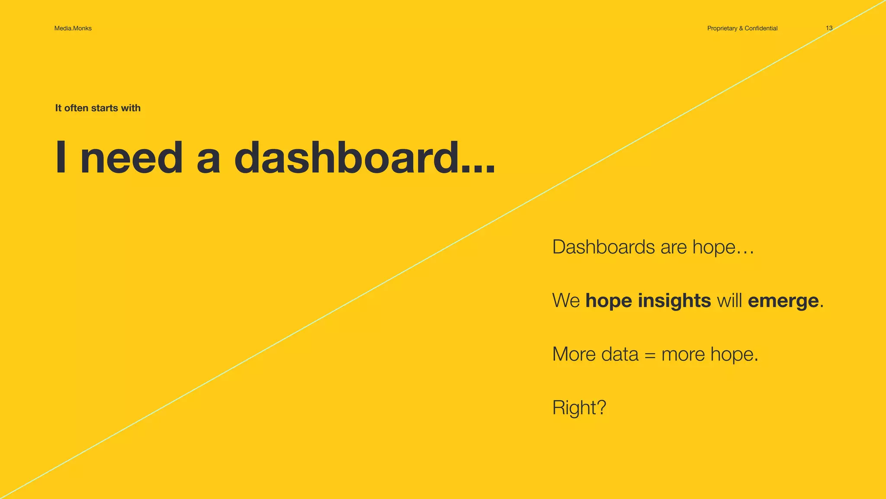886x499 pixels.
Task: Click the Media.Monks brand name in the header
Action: pyautogui.click(x=73, y=28)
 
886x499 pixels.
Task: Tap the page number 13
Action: pyautogui.click(x=829, y=28)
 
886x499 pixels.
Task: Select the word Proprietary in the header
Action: pyautogui.click(x=722, y=28)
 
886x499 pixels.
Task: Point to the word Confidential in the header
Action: pyautogui.click(x=761, y=28)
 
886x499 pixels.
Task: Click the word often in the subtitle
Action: pyautogui.click(x=76, y=108)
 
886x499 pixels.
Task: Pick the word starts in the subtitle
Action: pyautogui.click(x=104, y=108)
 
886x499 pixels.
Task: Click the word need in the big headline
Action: pyautogui.click(x=132, y=158)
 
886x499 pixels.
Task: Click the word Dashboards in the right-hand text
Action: pyautogui.click(x=604, y=247)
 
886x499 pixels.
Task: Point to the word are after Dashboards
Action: pyautogui.click(x=674, y=247)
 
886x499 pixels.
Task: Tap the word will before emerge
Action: pyautogui.click(x=729, y=300)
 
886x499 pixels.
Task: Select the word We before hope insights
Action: pyautogui.click(x=566, y=301)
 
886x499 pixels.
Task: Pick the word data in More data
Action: pyautogui.click(x=620, y=354)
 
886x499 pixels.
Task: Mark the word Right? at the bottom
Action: pyautogui.click(x=579, y=408)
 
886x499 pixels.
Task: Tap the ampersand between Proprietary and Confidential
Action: pyautogui.click(x=741, y=28)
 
